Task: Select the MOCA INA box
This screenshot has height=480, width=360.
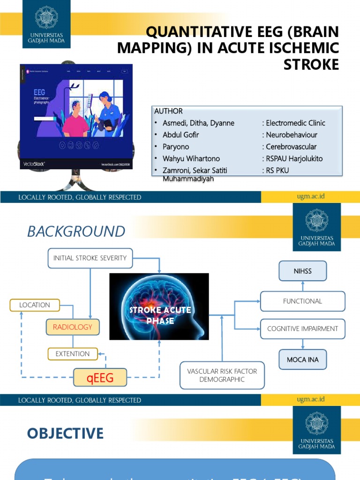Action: click(303, 360)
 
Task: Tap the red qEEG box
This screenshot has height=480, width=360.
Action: click(100, 378)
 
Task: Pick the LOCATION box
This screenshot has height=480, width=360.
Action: click(35, 305)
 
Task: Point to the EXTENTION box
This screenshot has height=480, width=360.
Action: click(72, 354)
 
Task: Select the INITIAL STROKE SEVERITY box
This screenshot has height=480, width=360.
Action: click(90, 258)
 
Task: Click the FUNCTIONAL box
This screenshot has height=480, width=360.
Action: click(302, 301)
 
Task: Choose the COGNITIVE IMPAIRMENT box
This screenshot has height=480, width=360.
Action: click(302, 329)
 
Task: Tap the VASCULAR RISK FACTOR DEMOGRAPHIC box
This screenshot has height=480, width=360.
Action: click(222, 375)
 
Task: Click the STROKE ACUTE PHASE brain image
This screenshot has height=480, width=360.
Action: click(159, 307)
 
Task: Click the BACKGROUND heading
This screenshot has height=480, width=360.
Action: click(76, 232)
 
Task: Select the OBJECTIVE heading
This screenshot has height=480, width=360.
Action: click(65, 433)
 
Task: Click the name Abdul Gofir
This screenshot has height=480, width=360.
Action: click(181, 135)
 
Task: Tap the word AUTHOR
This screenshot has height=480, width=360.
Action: click(168, 111)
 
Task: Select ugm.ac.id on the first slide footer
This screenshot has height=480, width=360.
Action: click(310, 196)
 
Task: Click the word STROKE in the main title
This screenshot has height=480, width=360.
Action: click(311, 65)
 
